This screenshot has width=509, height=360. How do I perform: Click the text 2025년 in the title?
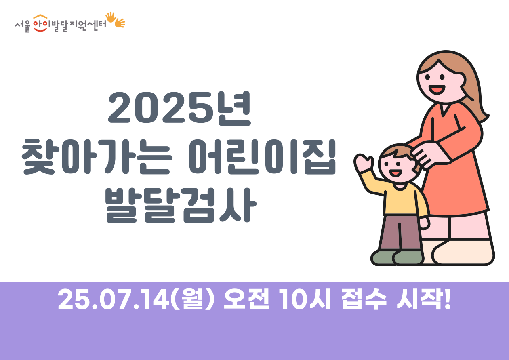[x=179, y=108]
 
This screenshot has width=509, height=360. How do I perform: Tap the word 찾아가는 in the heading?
[x=97, y=157]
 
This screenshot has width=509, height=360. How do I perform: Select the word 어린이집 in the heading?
[x=262, y=157]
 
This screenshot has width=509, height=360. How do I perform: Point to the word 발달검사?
[x=181, y=205]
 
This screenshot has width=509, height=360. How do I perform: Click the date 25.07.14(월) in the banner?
[x=136, y=299]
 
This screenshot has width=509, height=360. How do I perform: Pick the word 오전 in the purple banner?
[x=246, y=299]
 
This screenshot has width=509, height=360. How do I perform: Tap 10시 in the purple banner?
[x=305, y=299]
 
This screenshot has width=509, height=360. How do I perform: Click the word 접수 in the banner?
[x=364, y=299]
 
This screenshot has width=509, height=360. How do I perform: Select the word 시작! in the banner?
[x=424, y=299]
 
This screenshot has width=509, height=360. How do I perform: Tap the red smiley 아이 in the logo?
[x=40, y=23]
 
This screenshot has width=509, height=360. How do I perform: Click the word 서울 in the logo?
[x=23, y=27]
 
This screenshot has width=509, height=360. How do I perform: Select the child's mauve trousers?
[x=400, y=233]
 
